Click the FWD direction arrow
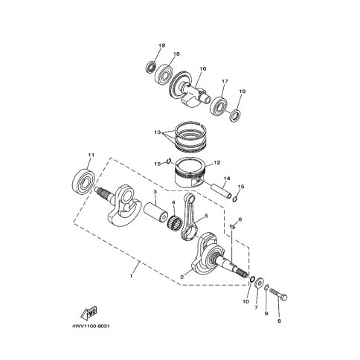(89, 313)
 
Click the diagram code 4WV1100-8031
(91, 326)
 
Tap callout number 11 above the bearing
(91, 155)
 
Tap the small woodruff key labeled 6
(232, 226)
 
